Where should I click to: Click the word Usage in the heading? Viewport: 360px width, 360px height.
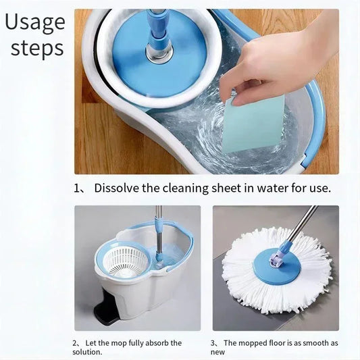[34, 22]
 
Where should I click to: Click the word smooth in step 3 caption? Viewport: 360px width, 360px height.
[311, 343]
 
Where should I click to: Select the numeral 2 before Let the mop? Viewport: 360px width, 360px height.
[76, 343]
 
